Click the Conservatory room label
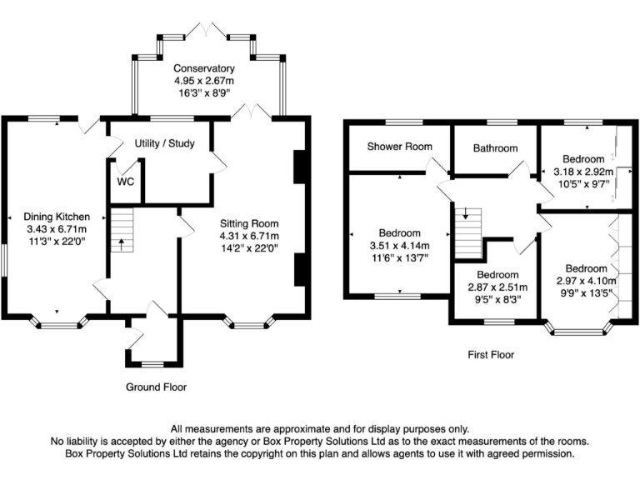[204, 67]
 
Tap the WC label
[126, 181]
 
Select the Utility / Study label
[164, 143]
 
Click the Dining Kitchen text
[55, 217]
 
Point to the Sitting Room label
[249, 223]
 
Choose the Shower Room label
[400, 147]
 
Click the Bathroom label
[495, 148]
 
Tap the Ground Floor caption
[156, 387]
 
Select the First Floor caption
[491, 354]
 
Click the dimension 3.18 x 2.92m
[582, 172]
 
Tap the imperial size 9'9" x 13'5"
[587, 293]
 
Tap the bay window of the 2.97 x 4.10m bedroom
[577, 329]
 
